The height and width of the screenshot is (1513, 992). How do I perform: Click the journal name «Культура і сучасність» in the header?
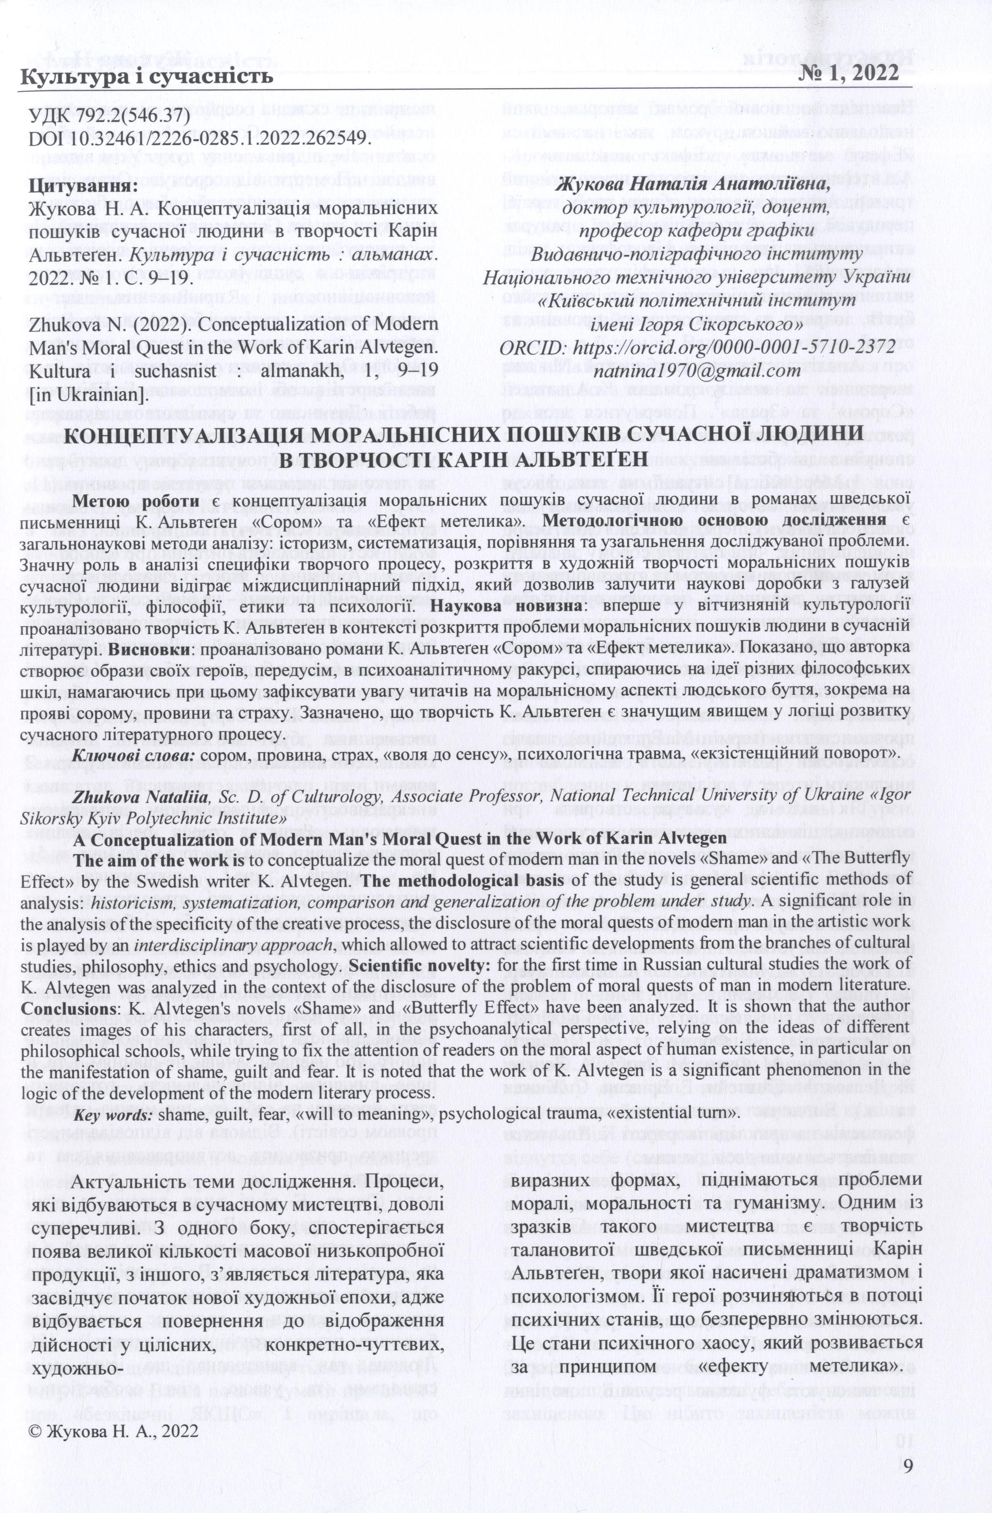pos(148,77)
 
